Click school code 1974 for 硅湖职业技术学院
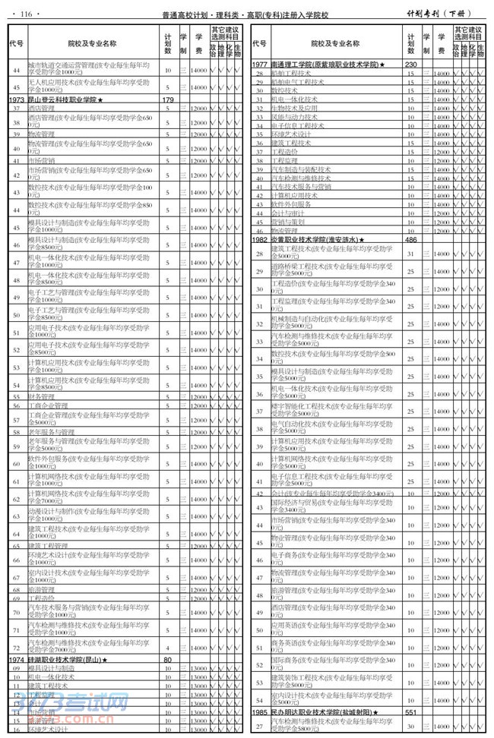pos(17,660)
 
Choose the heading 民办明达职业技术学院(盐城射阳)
pos(325,713)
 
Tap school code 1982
pos(260,239)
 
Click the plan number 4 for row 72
pos(168,646)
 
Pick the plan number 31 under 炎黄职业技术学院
pos(411,253)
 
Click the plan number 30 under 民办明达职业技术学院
pos(411,727)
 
